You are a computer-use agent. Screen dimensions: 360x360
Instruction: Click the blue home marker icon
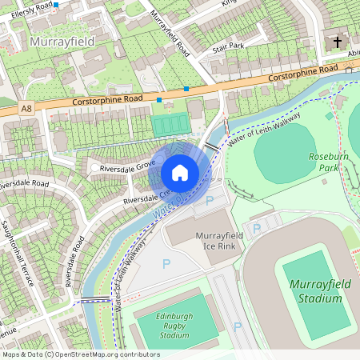click(x=180, y=172)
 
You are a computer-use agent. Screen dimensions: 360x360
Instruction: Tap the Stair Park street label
click(x=227, y=48)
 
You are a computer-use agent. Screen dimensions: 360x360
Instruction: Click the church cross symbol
click(x=337, y=41)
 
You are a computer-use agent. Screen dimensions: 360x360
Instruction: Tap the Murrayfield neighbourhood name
click(x=62, y=40)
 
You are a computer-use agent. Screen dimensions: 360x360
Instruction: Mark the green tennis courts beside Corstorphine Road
click(x=168, y=125)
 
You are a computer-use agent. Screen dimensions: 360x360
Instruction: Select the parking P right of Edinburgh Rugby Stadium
click(x=237, y=326)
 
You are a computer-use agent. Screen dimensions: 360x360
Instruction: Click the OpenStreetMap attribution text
click(x=81, y=354)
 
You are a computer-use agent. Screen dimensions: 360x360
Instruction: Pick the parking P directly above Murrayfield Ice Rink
click(x=210, y=201)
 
